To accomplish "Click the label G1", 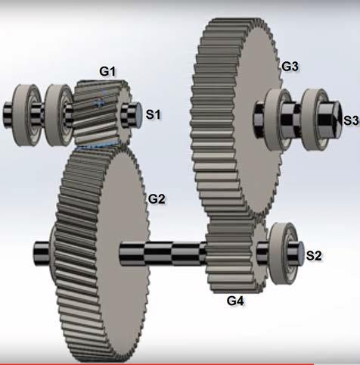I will [107, 71].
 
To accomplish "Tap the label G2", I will [157, 199].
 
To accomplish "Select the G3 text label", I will [290, 67].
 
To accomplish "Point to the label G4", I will [236, 301].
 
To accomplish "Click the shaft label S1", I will [154, 114].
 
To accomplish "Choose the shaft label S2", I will [314, 256].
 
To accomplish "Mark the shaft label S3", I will [350, 120].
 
